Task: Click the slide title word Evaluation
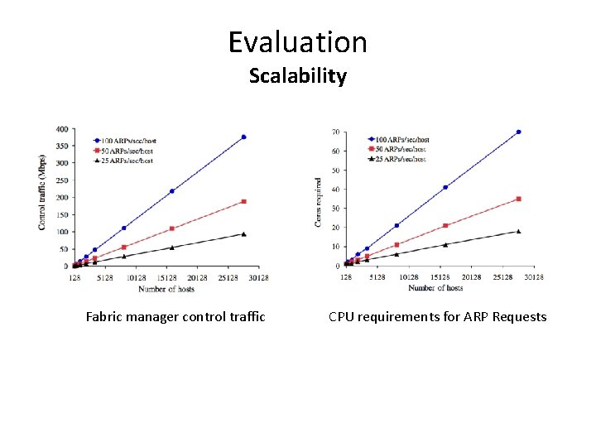pyautogui.click(x=297, y=41)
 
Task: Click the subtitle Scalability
pyautogui.click(x=297, y=76)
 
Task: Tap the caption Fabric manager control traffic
pyautogui.click(x=175, y=316)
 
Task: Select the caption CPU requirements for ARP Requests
pyautogui.click(x=437, y=316)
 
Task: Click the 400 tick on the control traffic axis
pyautogui.click(x=63, y=129)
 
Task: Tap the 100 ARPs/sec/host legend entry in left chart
pyautogui.click(x=127, y=142)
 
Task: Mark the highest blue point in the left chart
pyautogui.click(x=243, y=137)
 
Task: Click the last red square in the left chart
pyautogui.click(x=243, y=201)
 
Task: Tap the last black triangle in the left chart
pyautogui.click(x=243, y=234)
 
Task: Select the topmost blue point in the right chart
pyautogui.click(x=518, y=132)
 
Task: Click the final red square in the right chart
pyautogui.click(x=518, y=199)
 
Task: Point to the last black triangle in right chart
pyautogui.click(x=518, y=232)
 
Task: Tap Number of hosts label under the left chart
pyautogui.click(x=166, y=289)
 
